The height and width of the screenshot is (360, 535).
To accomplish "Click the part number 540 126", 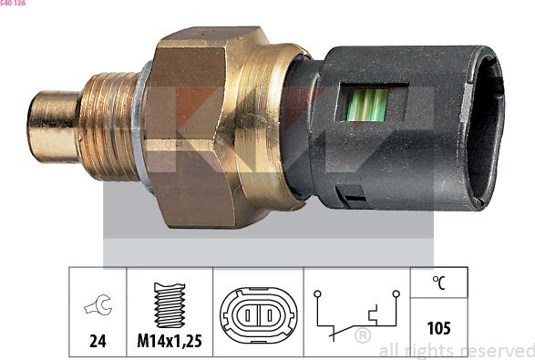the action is point(13,3).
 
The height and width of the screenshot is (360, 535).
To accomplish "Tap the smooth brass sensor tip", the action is point(54,127).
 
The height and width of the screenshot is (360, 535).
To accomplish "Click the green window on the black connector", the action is point(367,105).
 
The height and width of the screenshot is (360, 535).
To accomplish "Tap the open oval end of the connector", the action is point(486,128).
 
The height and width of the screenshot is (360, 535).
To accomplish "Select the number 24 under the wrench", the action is point(98,341).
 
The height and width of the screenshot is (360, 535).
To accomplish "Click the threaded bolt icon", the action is point(170,305).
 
